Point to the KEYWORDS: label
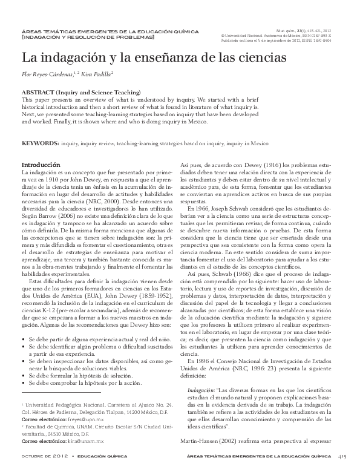(40, 145)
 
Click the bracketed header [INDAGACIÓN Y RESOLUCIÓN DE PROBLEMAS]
(88, 38)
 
